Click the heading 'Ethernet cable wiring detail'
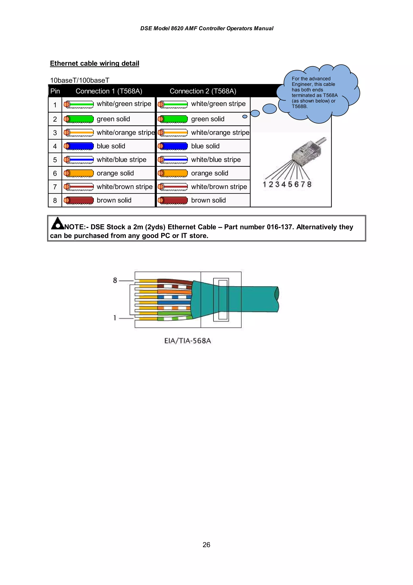pos(94,63)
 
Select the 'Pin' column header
pos(55,91)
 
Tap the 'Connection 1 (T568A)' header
pos(109,91)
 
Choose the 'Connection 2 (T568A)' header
pos(203,91)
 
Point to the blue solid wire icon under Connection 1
pos(79,146)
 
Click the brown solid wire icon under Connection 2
pos(173,200)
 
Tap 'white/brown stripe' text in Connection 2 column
pos(219,187)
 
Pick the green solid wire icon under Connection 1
pos(79,119)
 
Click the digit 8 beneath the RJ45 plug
pos(309,184)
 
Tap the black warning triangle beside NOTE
pos(58,223)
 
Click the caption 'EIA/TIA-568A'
pos(188,341)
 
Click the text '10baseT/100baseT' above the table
pos(80,80)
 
